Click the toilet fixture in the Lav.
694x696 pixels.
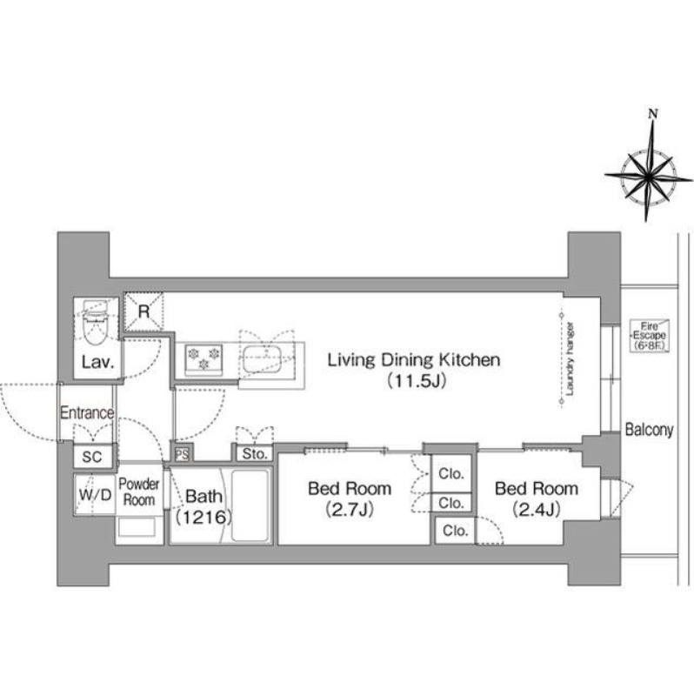coord(96,322)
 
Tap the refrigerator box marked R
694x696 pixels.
coord(143,311)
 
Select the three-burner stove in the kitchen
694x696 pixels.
coord(204,358)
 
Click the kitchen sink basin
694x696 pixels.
coord(262,359)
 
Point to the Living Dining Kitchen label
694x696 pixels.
coord(414,359)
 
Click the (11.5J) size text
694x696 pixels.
coord(417,381)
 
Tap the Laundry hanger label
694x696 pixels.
coord(571,358)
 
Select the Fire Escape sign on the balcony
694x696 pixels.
coord(650,336)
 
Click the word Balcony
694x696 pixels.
coord(649,429)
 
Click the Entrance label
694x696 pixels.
coord(87,412)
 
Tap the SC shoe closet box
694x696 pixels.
coord(92,456)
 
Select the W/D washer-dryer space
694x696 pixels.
coord(95,494)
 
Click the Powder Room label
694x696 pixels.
coord(139,492)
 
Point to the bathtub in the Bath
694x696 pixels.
coord(250,505)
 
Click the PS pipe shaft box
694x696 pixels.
coord(182,454)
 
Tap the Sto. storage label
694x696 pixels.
coord(255,453)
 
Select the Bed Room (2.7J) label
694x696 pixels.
coord(350,499)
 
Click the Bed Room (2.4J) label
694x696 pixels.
coord(537,499)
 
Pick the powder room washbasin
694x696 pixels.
coord(137,528)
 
